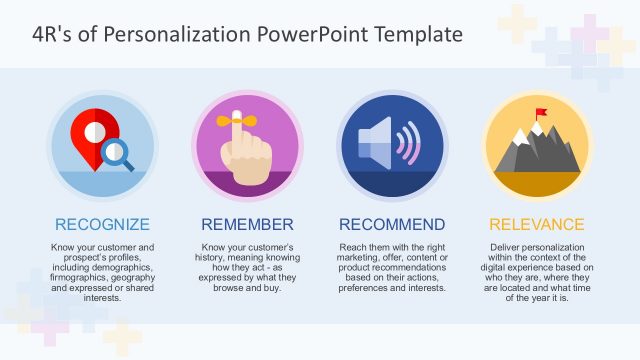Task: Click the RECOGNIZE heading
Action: pyautogui.click(x=102, y=224)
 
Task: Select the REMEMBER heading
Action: pyautogui.click(x=247, y=224)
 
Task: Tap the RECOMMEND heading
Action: pyautogui.click(x=392, y=224)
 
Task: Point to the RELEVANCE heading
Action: pyautogui.click(x=537, y=224)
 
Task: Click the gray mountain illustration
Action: pyautogui.click(x=536, y=150)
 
